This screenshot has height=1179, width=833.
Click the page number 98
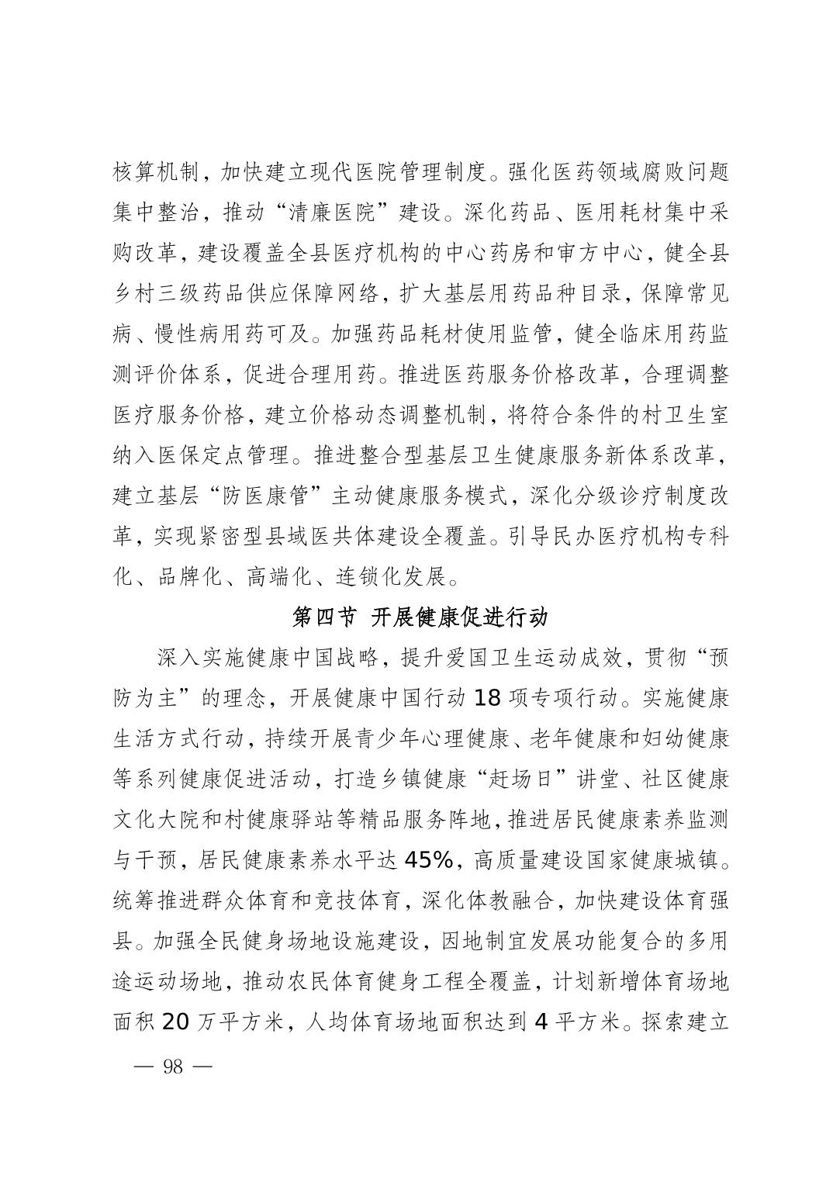pos(173,1066)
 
